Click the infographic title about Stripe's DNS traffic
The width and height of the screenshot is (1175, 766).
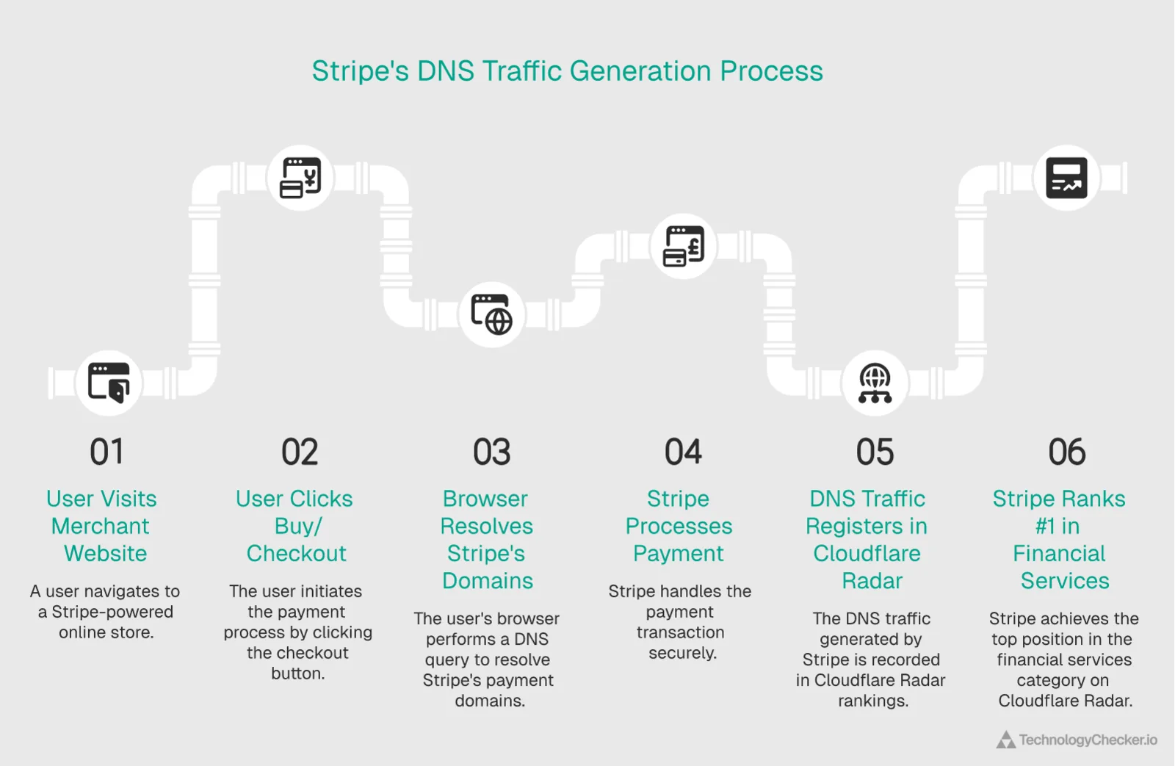pyautogui.click(x=567, y=71)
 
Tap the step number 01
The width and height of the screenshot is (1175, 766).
pyautogui.click(x=107, y=452)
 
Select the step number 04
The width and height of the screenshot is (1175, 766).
pyautogui.click(x=683, y=452)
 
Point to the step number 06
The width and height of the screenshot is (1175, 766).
pyautogui.click(x=1066, y=452)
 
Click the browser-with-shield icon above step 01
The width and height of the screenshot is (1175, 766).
pyautogui.click(x=109, y=383)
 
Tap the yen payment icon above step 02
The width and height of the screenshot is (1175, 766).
pyautogui.click(x=300, y=178)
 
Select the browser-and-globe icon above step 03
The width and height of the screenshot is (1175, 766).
pyautogui.click(x=491, y=314)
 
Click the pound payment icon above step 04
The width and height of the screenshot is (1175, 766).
pyautogui.click(x=683, y=246)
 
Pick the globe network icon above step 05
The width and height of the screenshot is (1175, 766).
pyautogui.click(x=875, y=383)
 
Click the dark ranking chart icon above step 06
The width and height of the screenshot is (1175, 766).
pyautogui.click(x=1066, y=178)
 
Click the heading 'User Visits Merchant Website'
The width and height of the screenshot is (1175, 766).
pyautogui.click(x=102, y=526)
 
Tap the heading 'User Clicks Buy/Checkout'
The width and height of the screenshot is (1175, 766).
pyautogui.click(x=295, y=526)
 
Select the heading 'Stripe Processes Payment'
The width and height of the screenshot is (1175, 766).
pyautogui.click(x=679, y=526)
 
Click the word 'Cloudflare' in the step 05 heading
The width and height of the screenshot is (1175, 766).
pyautogui.click(x=867, y=553)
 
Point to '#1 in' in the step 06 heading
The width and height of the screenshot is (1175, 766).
pyautogui.click(x=1057, y=526)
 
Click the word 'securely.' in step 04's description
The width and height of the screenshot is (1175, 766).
pyautogui.click(x=682, y=653)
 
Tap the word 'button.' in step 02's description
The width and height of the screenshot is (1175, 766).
pyautogui.click(x=297, y=673)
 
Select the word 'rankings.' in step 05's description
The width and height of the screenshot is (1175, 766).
pyautogui.click(x=873, y=701)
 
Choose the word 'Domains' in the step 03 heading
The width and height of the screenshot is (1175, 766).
pyautogui.click(x=488, y=581)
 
